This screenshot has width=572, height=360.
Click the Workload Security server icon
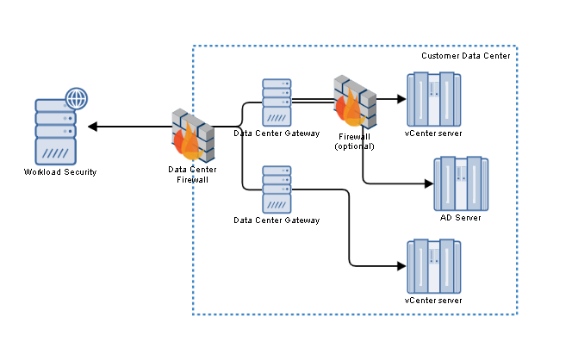click(56, 131)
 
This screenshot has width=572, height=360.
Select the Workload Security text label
click(60, 172)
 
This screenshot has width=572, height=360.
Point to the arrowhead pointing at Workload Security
click(92, 127)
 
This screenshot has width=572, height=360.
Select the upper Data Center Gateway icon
click(277, 102)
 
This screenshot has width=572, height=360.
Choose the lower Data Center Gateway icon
click(277, 189)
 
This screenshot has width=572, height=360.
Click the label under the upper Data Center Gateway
click(277, 133)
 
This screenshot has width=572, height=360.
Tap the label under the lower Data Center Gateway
click(277, 220)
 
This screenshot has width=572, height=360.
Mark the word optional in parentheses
click(355, 146)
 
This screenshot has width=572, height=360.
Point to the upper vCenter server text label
click(433, 133)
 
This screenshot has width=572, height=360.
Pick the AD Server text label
click(460, 218)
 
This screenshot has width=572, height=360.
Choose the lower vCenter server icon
click(433, 266)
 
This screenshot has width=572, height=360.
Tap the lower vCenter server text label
click(433, 301)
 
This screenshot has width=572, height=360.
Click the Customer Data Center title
click(466, 56)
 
